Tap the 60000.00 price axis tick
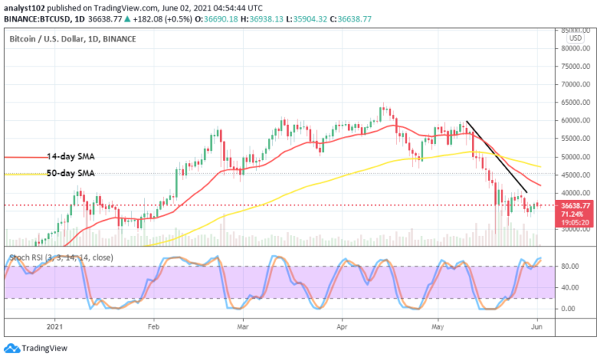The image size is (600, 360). click(x=574, y=121)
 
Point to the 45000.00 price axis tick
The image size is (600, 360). click(x=574, y=175)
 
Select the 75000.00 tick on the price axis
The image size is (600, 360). click(x=574, y=66)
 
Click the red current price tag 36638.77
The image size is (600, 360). click(x=574, y=206)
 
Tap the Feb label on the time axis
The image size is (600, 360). click(x=154, y=326)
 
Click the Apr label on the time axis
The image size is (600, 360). click(x=342, y=326)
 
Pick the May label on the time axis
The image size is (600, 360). click(x=436, y=326)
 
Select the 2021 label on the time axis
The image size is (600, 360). click(x=56, y=326)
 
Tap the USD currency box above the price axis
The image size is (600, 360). click(x=574, y=38)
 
